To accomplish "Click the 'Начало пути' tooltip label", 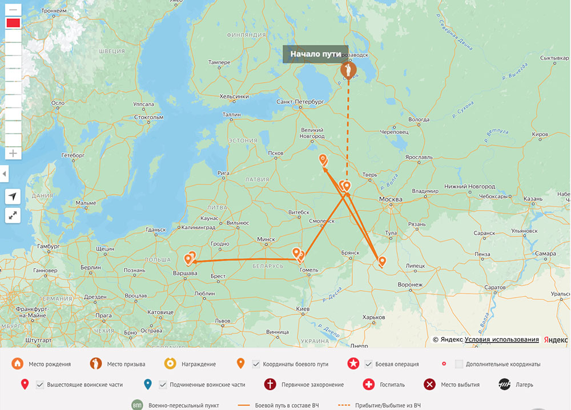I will click(315, 54).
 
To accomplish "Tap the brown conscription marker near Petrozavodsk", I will click(348, 71).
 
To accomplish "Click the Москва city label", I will click(391, 199).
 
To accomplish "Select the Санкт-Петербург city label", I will click(300, 101).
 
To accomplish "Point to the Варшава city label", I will click(185, 274).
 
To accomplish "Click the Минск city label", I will click(266, 239).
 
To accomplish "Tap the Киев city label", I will click(303, 308).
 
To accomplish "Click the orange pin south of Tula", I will click(382, 262).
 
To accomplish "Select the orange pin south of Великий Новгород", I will click(323, 159).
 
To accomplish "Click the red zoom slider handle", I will click(13, 23).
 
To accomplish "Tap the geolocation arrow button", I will click(13, 196).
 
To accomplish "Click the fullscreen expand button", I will click(13, 215).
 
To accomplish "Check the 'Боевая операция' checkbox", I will click(369, 364).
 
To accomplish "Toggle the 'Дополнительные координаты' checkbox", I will click(459, 364).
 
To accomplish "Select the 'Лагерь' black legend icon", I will click(504, 384).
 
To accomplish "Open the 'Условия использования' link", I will click(501, 339).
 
